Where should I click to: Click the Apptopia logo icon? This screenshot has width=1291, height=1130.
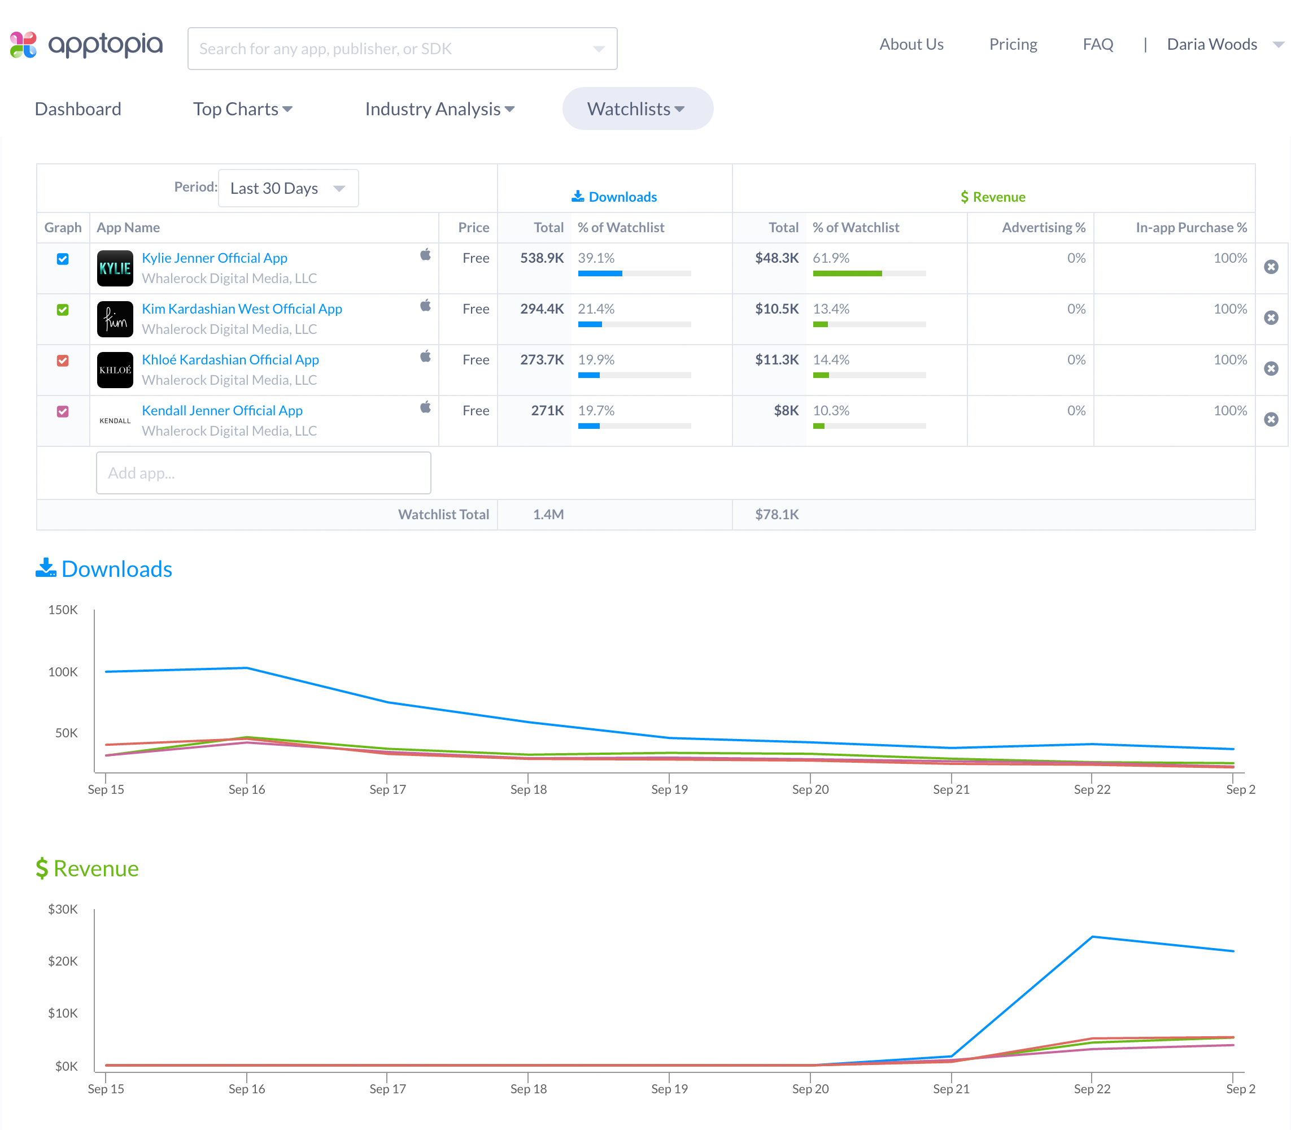click(23, 45)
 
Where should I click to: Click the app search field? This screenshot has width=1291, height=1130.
click(391, 49)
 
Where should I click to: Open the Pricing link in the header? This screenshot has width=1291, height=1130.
click(1013, 44)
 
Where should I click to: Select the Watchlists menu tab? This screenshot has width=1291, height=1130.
click(636, 109)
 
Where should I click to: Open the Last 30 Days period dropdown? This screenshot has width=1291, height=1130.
click(288, 188)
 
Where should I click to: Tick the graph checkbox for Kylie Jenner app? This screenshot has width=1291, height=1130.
click(63, 259)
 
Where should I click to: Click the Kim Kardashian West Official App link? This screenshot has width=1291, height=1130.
click(242, 309)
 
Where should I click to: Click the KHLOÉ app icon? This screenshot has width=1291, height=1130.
click(115, 370)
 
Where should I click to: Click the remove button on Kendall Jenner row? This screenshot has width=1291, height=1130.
click(1271, 419)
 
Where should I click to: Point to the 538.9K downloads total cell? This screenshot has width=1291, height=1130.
click(542, 258)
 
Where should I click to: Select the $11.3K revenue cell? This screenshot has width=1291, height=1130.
click(777, 359)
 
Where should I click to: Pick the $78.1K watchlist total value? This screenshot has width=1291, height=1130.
click(777, 515)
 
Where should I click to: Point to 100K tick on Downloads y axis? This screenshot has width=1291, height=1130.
click(63, 672)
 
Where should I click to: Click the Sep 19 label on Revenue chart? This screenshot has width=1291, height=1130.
click(669, 1089)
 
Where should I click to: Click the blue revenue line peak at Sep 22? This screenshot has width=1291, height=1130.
click(1092, 937)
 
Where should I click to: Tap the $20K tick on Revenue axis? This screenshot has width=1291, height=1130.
click(63, 961)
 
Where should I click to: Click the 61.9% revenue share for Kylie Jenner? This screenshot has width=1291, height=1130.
click(831, 258)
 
